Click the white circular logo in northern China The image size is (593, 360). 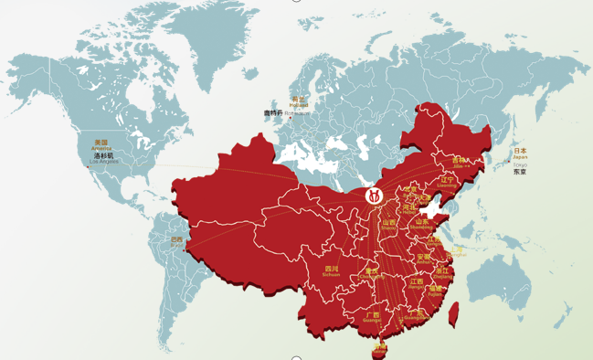pos(374,195)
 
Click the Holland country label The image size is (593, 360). pos(297,101)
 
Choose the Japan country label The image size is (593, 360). pos(520,154)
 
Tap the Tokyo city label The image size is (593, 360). pos(520,169)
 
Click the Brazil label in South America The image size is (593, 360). pos(176,241)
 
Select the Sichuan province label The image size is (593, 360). pos(331,270)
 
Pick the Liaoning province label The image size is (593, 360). pos(447,182)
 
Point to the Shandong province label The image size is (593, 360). pos(423,222)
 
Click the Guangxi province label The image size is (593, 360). pos(372,317)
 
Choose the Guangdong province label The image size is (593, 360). pos(414,315)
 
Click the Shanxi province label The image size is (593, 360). pos(389,224)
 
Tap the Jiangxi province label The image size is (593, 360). pos(417,284)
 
